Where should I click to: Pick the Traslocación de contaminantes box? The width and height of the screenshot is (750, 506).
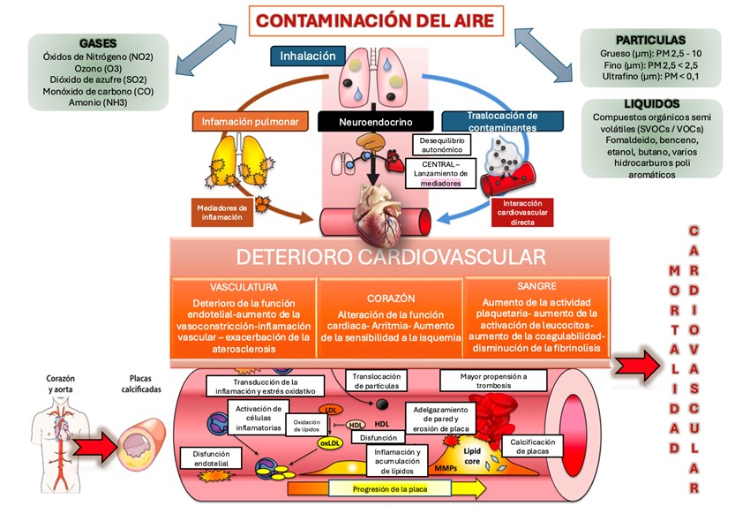tap(502, 121)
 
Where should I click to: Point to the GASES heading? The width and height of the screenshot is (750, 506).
tap(97, 43)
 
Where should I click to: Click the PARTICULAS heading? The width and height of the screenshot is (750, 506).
tap(650, 40)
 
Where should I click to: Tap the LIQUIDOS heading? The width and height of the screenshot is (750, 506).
tap(651, 104)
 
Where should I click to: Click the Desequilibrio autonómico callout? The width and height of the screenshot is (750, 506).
tap(443, 145)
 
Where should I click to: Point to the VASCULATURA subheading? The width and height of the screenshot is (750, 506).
tap(244, 287)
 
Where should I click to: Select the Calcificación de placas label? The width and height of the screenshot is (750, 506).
tap(531, 446)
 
